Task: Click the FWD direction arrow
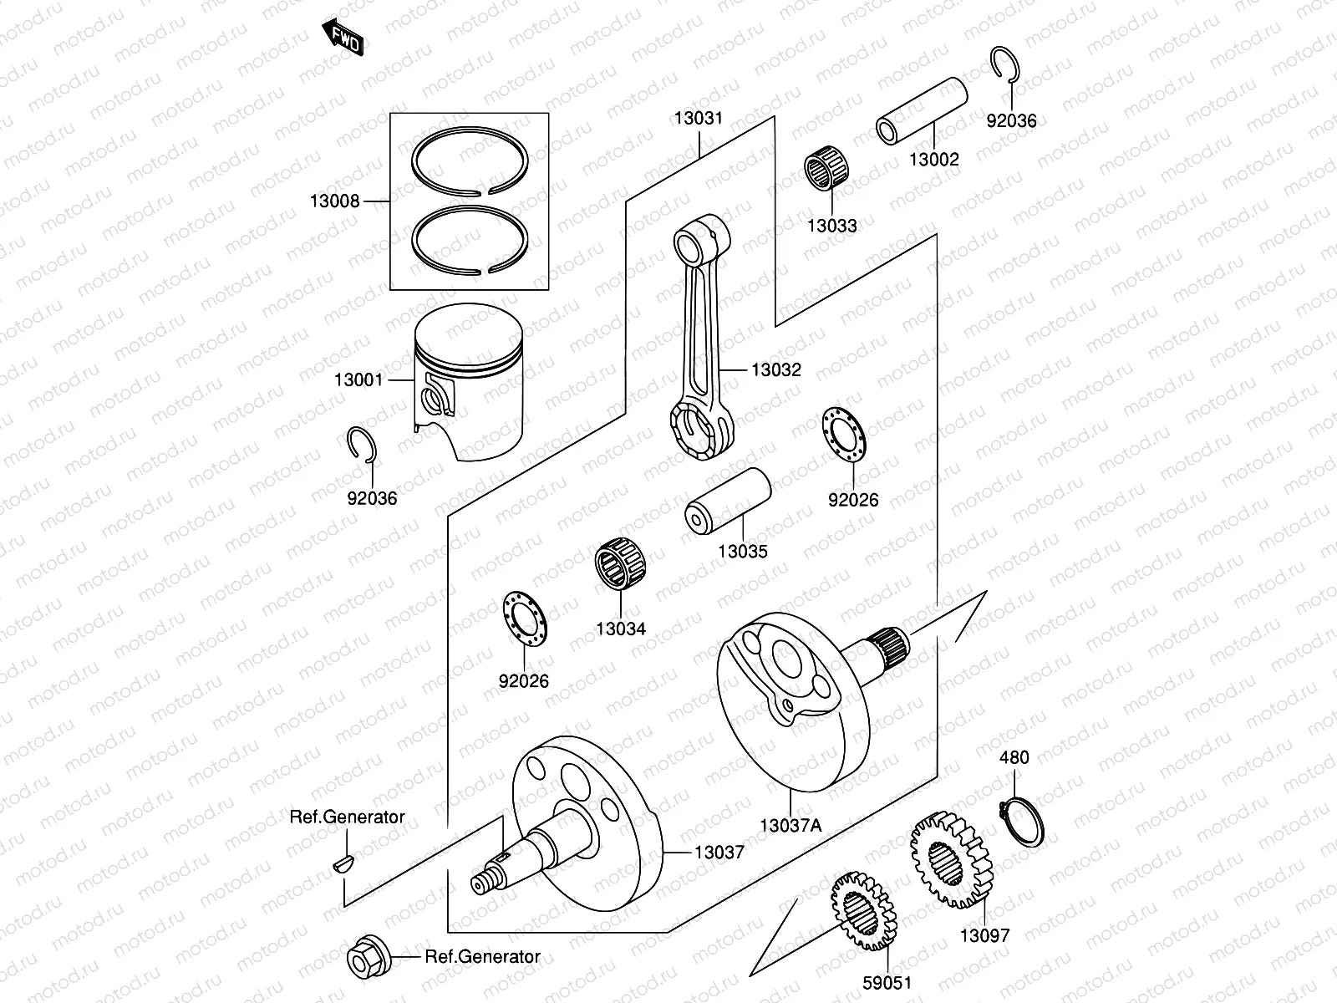point(342,37)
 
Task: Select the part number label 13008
point(334,201)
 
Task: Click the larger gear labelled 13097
point(951,861)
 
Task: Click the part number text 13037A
point(790,826)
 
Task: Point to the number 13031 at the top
point(699,119)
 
